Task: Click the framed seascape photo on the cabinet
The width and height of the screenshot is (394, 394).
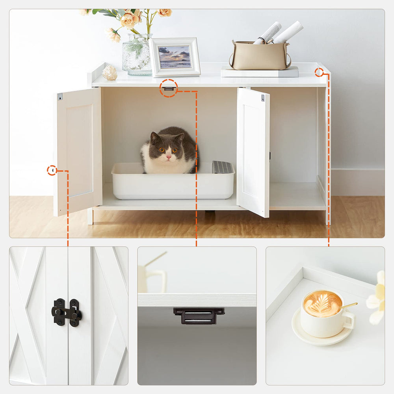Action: point(175,57)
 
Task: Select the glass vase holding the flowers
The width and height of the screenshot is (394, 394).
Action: point(137,55)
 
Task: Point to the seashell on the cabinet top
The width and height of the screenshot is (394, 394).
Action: point(110,73)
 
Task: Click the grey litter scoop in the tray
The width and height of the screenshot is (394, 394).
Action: point(223,167)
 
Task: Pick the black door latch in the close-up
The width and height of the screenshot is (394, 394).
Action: point(66,312)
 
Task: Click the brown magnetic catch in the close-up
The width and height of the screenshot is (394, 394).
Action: point(199,315)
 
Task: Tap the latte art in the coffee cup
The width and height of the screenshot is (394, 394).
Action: point(322,304)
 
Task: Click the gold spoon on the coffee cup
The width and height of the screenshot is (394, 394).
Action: point(349,305)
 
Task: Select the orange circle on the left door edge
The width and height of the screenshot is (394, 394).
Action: point(52,170)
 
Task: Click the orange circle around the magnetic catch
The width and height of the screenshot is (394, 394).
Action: point(169,88)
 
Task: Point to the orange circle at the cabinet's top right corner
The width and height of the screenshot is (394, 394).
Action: point(319,72)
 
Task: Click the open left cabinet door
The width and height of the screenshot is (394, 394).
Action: point(79,152)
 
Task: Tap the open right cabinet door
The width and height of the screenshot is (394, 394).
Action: point(253,152)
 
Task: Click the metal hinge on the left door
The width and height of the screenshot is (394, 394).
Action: point(60,97)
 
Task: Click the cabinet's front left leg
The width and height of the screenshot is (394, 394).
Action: point(90,217)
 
